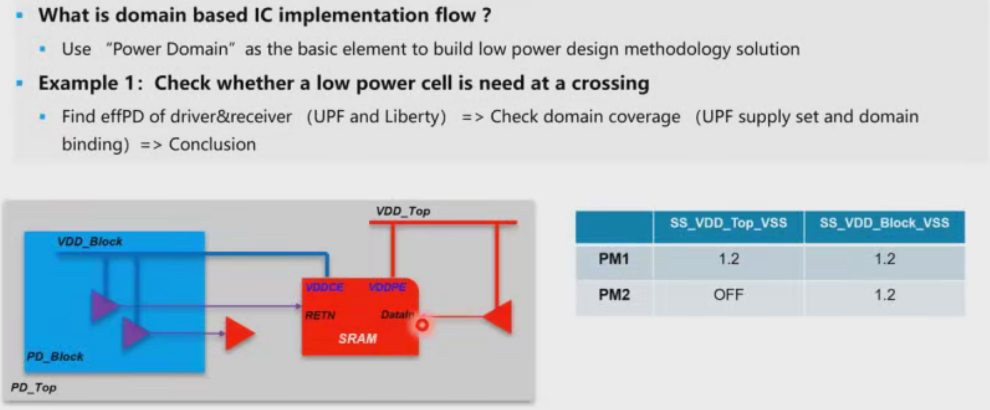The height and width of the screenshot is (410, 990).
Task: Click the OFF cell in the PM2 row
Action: (728, 295)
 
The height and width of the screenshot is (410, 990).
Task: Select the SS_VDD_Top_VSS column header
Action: (728, 223)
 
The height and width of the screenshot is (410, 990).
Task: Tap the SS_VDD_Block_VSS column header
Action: (884, 223)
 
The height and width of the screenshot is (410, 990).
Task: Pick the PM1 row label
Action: (614, 259)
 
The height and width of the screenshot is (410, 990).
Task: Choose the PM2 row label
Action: (614, 295)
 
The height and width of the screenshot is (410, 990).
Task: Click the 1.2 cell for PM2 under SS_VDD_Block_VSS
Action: (885, 295)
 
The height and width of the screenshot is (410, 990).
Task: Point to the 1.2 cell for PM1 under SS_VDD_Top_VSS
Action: (729, 259)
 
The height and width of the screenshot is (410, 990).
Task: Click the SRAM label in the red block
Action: (357, 339)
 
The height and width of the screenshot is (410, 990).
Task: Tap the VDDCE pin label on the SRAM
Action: (325, 287)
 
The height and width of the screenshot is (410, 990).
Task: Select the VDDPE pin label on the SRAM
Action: (388, 287)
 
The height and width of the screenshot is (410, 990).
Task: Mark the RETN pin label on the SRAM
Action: (320, 315)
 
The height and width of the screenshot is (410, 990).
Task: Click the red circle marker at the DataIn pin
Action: (422, 325)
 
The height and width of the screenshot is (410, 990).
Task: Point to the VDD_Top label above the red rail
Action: (403, 211)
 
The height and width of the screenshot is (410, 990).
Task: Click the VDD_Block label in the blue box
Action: (90, 241)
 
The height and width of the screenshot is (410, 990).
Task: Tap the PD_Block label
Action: (55, 357)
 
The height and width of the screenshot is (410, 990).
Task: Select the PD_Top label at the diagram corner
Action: (34, 387)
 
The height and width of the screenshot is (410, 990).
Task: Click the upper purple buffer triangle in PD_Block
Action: (104, 306)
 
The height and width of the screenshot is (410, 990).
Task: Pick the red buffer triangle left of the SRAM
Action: (239, 334)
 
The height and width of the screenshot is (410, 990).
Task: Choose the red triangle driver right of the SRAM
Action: (498, 317)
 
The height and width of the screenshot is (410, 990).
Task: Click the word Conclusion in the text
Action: (212, 145)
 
